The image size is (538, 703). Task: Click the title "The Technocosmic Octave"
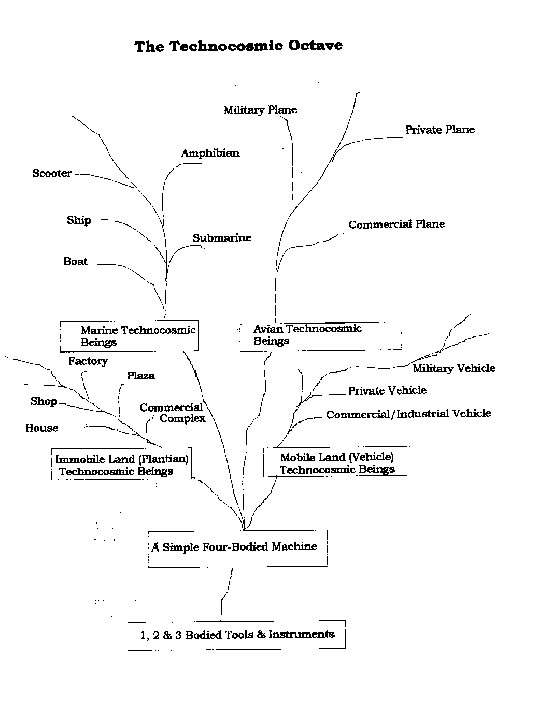pos(238,46)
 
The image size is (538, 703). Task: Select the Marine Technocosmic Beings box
pos(129,336)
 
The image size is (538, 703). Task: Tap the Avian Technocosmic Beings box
pos(320,336)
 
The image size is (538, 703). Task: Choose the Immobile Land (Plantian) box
pos(121,464)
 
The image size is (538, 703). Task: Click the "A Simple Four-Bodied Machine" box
pos(237,548)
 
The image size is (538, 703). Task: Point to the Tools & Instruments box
pos(236,635)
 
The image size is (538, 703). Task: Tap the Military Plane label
pos(260,110)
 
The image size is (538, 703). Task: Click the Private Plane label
pos(440,130)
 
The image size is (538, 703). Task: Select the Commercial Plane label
pos(397,224)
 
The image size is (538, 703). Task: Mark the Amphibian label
pos(210,153)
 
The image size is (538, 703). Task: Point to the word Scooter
pos(52,173)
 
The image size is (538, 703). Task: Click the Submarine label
pos(222,238)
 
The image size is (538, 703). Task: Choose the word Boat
pos(76,261)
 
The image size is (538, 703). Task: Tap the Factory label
pos(88,361)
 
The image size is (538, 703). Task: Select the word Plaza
pos(141,375)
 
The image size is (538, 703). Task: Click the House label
pos(42,428)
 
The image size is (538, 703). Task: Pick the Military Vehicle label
pos(454,368)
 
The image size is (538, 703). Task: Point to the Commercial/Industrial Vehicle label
pos(408,414)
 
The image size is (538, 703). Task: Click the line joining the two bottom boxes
pos(225,594)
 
